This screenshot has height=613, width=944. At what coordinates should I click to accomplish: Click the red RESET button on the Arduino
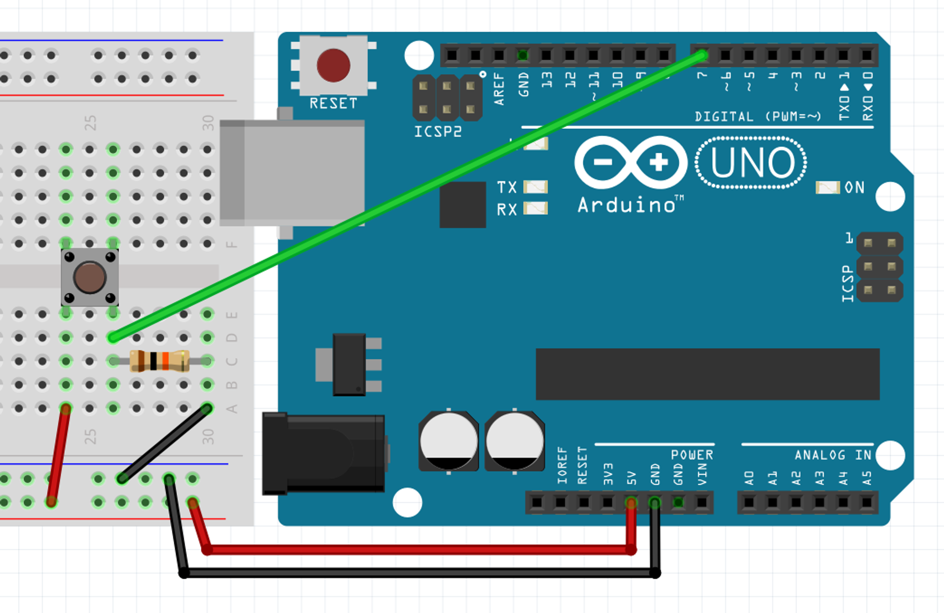coord(333,65)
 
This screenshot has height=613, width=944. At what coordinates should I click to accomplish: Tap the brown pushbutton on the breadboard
coord(90,278)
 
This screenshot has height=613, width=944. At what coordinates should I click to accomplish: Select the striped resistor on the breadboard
coord(160,361)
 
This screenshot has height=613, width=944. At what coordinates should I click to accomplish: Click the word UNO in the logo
coord(752,163)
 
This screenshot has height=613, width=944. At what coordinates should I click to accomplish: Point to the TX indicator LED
coord(536,187)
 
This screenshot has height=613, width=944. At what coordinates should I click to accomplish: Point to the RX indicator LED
coord(536,208)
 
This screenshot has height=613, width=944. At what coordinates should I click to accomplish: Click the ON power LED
coord(827,188)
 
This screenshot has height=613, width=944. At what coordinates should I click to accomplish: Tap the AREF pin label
coord(499,89)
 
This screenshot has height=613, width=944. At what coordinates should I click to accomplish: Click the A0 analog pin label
coord(749,478)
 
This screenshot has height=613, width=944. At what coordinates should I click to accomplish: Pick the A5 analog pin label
coord(867,478)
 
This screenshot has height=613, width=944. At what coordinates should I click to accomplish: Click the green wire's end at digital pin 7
coord(702,56)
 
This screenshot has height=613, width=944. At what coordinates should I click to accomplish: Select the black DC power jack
coord(324,454)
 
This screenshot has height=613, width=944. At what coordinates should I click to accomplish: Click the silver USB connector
coord(293,173)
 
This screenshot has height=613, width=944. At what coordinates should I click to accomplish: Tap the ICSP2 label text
coord(438,132)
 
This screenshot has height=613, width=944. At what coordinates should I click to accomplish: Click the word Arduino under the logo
coord(627,205)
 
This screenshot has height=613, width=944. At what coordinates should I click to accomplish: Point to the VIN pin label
coord(702,474)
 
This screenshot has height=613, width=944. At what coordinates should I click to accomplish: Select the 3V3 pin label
coord(608,474)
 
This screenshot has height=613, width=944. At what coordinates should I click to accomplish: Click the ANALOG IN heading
coord(833,455)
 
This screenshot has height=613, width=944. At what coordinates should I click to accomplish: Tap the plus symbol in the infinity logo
coord(658,163)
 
